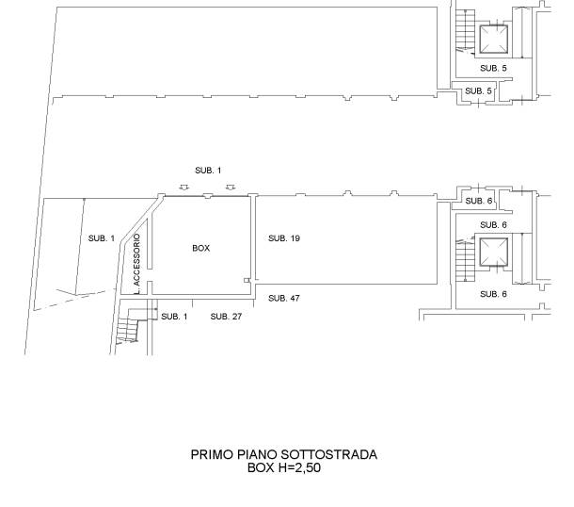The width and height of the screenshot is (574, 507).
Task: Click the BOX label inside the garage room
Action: [x=201, y=248]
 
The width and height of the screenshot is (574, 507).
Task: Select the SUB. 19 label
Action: [x=284, y=238]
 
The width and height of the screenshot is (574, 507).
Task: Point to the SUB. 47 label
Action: [x=284, y=299]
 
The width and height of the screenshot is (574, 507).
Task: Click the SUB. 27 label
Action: [x=226, y=317]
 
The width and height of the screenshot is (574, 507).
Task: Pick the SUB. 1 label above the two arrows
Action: [x=208, y=171]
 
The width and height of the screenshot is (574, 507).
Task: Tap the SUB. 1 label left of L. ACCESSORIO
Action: [x=102, y=238]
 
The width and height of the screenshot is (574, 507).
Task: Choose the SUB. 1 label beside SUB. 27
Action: [x=174, y=317]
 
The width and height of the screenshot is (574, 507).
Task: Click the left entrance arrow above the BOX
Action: [x=184, y=188]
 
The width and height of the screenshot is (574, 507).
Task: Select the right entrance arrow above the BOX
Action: [x=231, y=188]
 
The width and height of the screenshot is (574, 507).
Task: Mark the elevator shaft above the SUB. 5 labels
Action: [x=494, y=39]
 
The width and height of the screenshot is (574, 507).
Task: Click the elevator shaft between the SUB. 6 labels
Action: [x=494, y=252]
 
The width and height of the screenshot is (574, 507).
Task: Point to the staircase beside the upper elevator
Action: [x=465, y=32]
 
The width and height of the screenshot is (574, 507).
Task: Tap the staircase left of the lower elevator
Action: [x=465, y=259]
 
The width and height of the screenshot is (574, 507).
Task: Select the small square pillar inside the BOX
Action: [x=247, y=281]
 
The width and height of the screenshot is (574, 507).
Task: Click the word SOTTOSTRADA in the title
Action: [x=328, y=455]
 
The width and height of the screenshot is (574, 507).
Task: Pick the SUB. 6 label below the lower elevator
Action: [x=493, y=294]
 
